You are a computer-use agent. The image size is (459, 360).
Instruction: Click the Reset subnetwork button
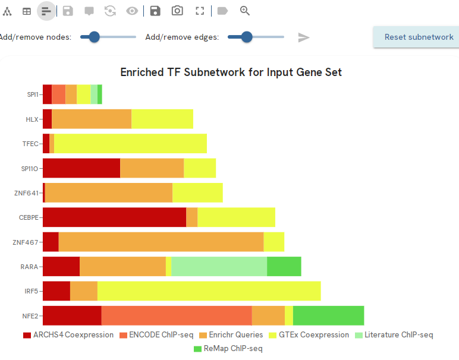(419, 37)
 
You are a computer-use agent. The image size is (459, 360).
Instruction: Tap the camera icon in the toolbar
(177, 11)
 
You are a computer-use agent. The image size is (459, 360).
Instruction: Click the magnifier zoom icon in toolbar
(245, 11)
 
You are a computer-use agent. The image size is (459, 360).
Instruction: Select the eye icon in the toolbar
(132, 11)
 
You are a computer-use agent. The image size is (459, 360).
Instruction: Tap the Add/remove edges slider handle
(247, 37)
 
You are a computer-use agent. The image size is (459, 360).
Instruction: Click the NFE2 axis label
(30, 315)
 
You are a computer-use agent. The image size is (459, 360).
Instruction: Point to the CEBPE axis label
(29, 217)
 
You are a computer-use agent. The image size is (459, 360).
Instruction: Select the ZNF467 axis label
(26, 242)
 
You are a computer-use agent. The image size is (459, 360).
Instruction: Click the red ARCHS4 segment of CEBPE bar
(114, 217)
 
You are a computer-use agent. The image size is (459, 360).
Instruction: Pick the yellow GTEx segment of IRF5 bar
(209, 291)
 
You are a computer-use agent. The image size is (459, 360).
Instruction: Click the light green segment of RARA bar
(219, 267)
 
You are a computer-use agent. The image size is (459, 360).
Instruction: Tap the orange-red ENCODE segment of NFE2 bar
(177, 315)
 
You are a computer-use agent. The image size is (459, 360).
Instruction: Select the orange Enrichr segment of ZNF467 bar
(161, 242)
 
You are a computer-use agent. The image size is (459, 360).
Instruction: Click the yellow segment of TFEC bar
(130, 144)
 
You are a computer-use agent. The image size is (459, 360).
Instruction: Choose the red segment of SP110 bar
(81, 168)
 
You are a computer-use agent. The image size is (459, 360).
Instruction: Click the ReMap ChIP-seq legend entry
(228, 349)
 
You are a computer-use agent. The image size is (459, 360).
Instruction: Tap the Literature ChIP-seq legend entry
(394, 335)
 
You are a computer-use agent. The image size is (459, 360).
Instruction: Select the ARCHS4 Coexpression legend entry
(68, 335)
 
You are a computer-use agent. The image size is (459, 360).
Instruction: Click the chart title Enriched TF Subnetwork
(231, 72)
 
